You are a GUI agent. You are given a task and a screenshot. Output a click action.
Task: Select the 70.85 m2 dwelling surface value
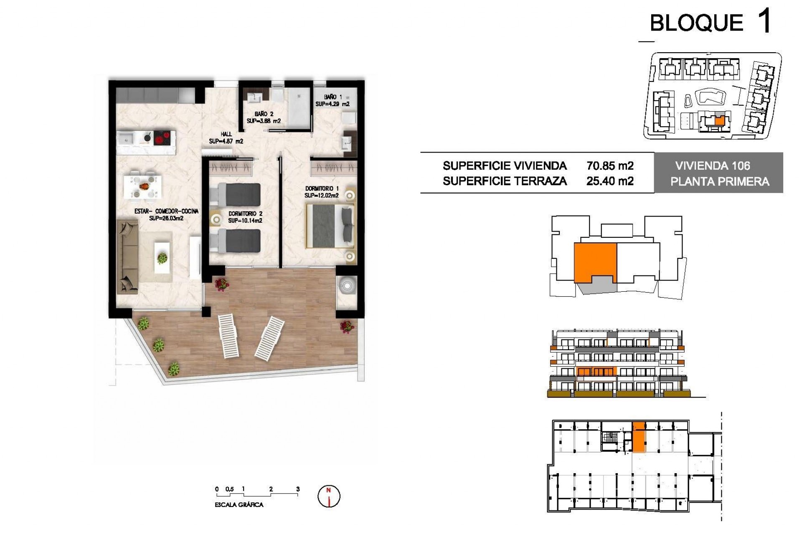point(610,166)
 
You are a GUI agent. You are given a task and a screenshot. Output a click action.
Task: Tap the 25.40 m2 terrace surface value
point(610,181)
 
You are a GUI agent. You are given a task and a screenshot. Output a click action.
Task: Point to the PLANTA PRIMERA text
point(719,181)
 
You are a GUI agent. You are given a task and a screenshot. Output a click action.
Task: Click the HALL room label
point(226,134)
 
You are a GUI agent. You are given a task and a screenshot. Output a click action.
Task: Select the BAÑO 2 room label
point(264,114)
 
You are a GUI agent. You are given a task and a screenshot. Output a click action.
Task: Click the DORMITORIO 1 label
point(322,189)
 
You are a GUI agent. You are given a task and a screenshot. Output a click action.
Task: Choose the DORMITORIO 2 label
point(245,214)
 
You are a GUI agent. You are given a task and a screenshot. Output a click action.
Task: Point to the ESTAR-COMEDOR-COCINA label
point(166,211)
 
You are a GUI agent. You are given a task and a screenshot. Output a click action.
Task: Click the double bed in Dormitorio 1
point(330,226)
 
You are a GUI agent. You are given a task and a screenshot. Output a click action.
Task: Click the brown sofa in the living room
point(127,257)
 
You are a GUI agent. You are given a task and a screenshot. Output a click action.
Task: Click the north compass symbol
point(329,497)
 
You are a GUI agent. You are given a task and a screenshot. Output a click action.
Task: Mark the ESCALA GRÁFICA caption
point(239,505)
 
